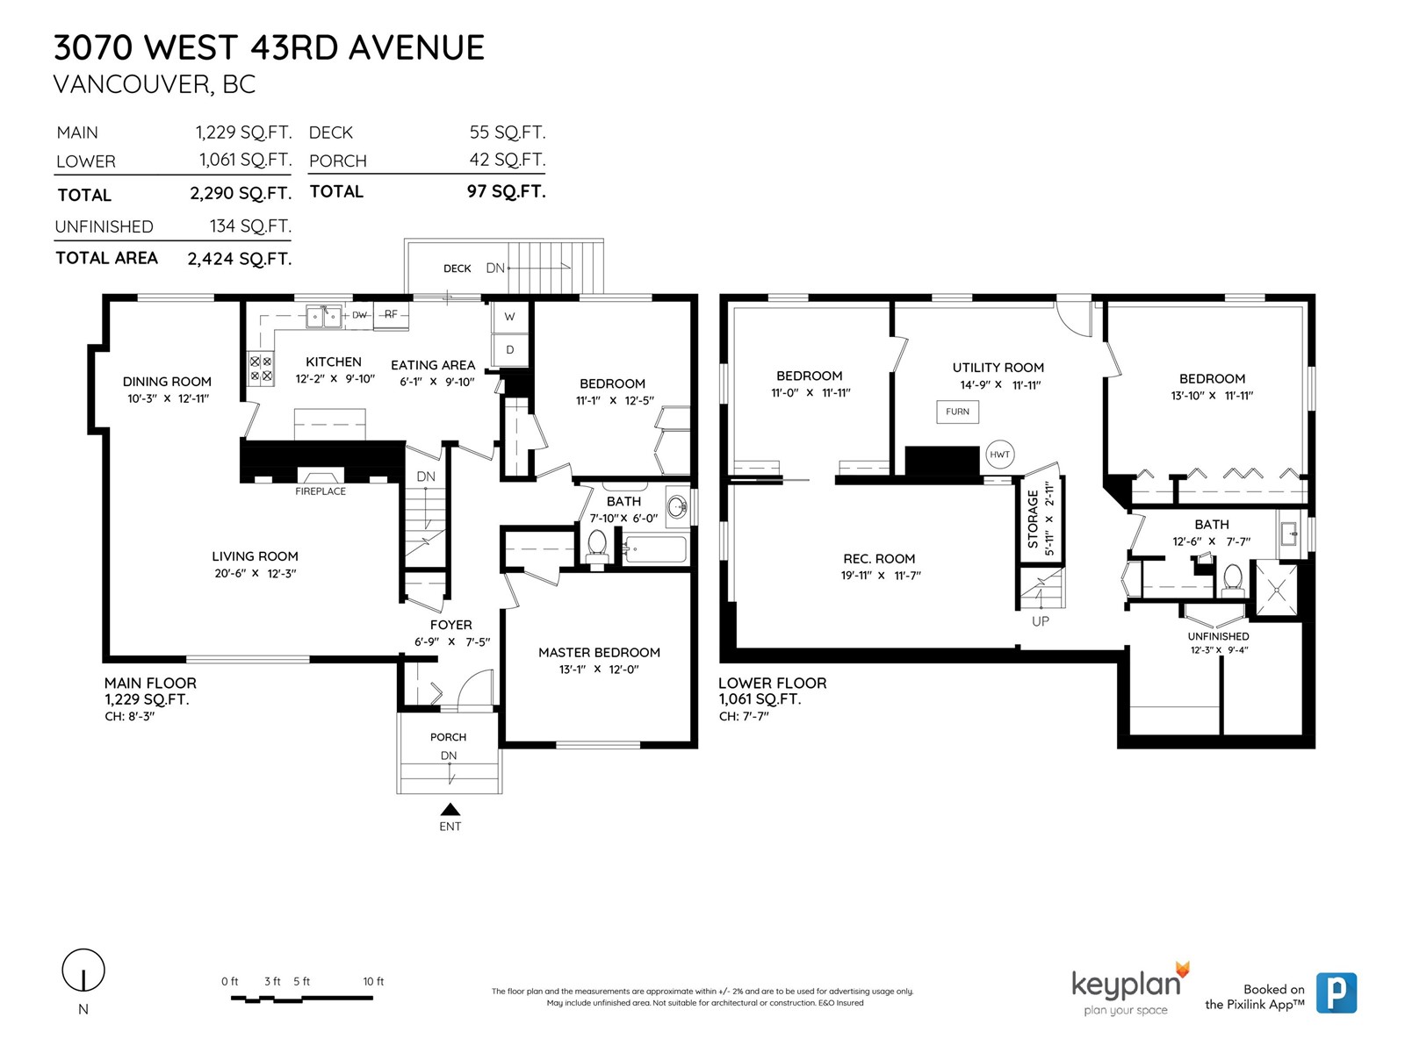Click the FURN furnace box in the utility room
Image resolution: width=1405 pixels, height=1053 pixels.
tap(957, 411)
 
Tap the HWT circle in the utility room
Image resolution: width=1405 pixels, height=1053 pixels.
tap(999, 455)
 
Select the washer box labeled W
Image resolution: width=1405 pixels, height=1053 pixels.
tap(509, 317)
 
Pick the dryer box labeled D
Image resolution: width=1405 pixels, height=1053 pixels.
tap(509, 350)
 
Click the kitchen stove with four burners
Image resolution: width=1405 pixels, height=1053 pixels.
tap(261, 369)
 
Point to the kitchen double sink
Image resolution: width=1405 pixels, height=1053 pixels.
tap(323, 317)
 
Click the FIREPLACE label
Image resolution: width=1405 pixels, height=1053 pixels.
tap(320, 491)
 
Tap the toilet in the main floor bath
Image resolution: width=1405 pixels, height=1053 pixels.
tap(596, 548)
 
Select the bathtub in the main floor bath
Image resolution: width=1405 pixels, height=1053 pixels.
tap(655, 549)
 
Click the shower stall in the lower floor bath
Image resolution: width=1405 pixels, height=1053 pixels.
tap(1276, 591)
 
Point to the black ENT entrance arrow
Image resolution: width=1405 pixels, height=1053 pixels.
tap(450, 809)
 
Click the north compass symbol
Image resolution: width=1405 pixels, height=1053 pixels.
tap(83, 971)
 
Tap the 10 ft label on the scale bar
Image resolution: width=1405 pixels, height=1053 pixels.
tap(373, 981)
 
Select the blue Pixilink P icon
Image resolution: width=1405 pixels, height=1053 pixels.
tap(1337, 993)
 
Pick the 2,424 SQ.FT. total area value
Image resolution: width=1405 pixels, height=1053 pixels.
tap(240, 259)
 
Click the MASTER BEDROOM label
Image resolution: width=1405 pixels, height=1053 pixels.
tap(599, 653)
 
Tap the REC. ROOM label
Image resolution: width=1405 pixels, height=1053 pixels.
tap(879, 559)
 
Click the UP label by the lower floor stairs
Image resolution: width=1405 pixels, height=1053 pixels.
tap(1041, 620)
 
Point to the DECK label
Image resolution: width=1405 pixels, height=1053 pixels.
tap(457, 269)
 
